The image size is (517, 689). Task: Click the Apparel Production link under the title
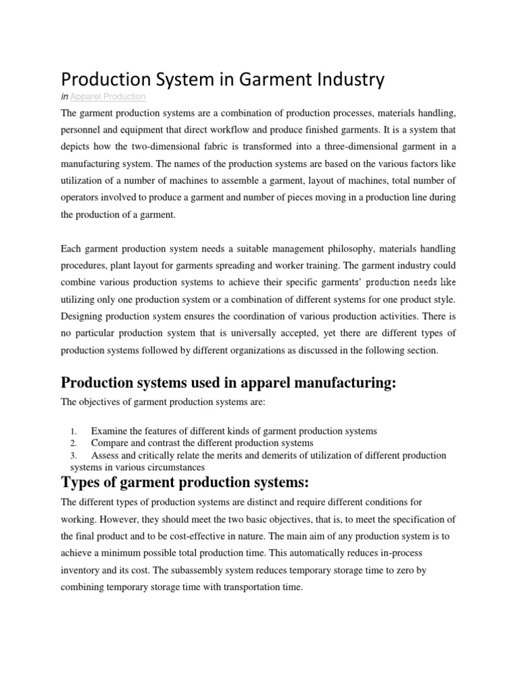click(108, 98)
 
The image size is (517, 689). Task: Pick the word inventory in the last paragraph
click(80, 569)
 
